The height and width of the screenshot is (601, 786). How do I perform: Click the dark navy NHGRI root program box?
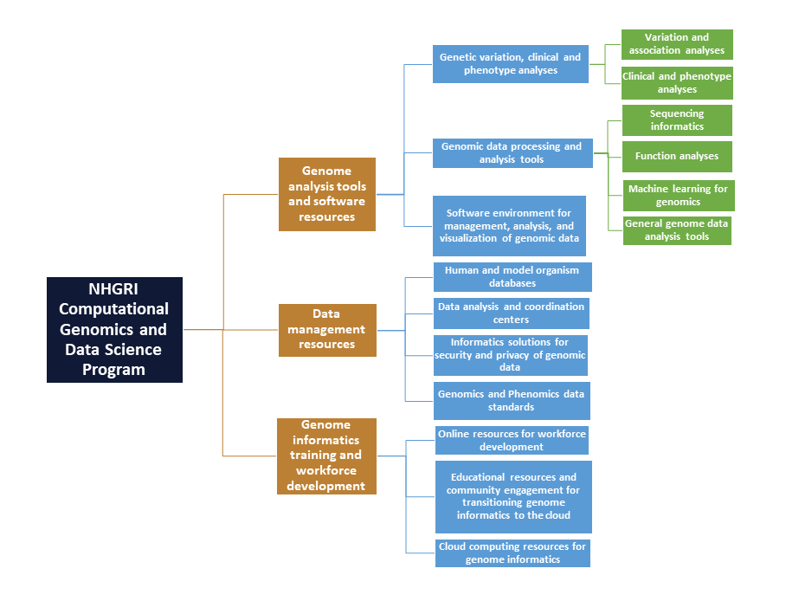pyautogui.click(x=115, y=330)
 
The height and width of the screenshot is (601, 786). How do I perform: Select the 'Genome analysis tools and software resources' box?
pyautogui.click(x=327, y=194)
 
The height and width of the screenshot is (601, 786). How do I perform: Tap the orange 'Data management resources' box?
pyautogui.click(x=327, y=330)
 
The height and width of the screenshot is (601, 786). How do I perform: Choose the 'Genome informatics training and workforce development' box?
pyautogui.click(x=326, y=456)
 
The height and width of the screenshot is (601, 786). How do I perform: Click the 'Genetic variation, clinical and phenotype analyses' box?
pyautogui.click(x=511, y=64)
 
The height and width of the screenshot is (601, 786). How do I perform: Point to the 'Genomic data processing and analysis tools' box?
pyautogui.click(x=512, y=153)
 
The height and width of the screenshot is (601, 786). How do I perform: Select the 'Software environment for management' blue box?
pyautogui.click(x=509, y=226)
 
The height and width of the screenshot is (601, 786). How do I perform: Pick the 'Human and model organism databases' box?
pyautogui.click(x=512, y=277)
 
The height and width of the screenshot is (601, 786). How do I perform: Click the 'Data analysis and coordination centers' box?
pyautogui.click(x=512, y=313)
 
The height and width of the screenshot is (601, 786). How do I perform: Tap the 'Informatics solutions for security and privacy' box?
pyautogui.click(x=511, y=355)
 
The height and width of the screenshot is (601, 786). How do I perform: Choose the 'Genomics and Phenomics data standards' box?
pyautogui.click(x=512, y=401)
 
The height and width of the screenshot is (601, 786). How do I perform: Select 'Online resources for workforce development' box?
pyautogui.click(x=512, y=441)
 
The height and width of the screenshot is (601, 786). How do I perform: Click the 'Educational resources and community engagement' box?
pyautogui.click(x=513, y=497)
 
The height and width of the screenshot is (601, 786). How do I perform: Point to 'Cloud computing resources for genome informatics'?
pyautogui.click(x=512, y=553)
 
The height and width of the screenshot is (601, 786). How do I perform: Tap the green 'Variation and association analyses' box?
pyautogui.click(x=677, y=44)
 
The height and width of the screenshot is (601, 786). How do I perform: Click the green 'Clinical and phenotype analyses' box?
pyautogui.click(x=677, y=83)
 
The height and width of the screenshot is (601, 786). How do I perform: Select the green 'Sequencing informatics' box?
pyautogui.click(x=677, y=120)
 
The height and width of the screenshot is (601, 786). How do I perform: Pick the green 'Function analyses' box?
pyautogui.click(x=677, y=157)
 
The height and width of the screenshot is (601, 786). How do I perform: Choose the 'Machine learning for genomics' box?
pyautogui.click(x=679, y=196)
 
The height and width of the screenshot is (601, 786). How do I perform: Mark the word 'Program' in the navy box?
pyautogui.click(x=113, y=370)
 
